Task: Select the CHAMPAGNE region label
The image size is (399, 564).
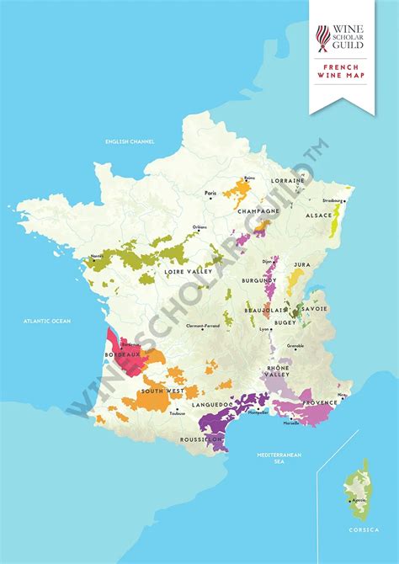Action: tap(257, 211)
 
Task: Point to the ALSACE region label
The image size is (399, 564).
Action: tap(318, 215)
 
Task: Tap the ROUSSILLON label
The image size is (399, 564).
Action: tap(201, 439)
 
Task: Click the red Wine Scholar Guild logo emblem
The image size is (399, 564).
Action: tap(323, 36)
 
